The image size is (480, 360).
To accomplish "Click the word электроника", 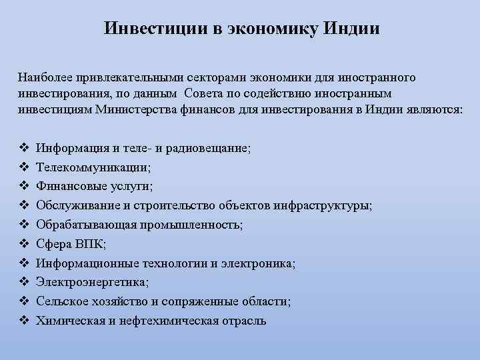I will coord(262,263).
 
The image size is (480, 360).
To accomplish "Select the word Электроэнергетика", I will coord(92,283).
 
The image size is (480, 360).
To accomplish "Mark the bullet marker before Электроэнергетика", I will coord(23,283).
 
